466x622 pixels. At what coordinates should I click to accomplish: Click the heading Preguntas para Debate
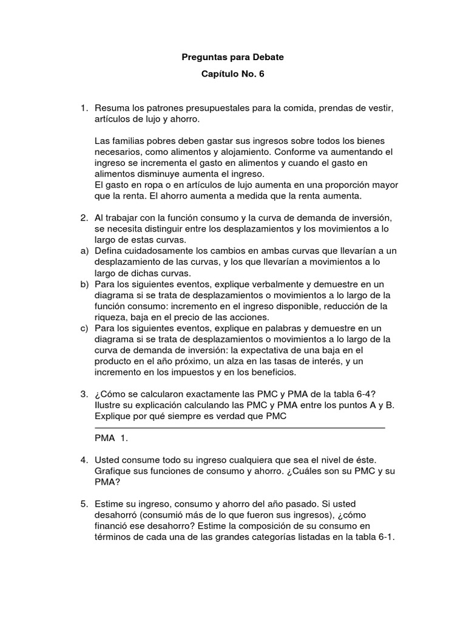(x=233, y=57)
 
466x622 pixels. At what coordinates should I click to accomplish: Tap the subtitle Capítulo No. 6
(x=233, y=75)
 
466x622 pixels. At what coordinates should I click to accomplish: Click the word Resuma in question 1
(x=111, y=109)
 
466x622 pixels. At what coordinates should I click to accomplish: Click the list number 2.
(x=84, y=217)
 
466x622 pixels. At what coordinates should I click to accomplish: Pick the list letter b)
(x=84, y=284)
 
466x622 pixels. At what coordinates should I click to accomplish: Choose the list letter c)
(x=84, y=328)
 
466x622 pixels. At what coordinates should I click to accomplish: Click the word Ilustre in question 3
(x=109, y=406)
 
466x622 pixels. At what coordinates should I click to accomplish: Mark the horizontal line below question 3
(x=240, y=428)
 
